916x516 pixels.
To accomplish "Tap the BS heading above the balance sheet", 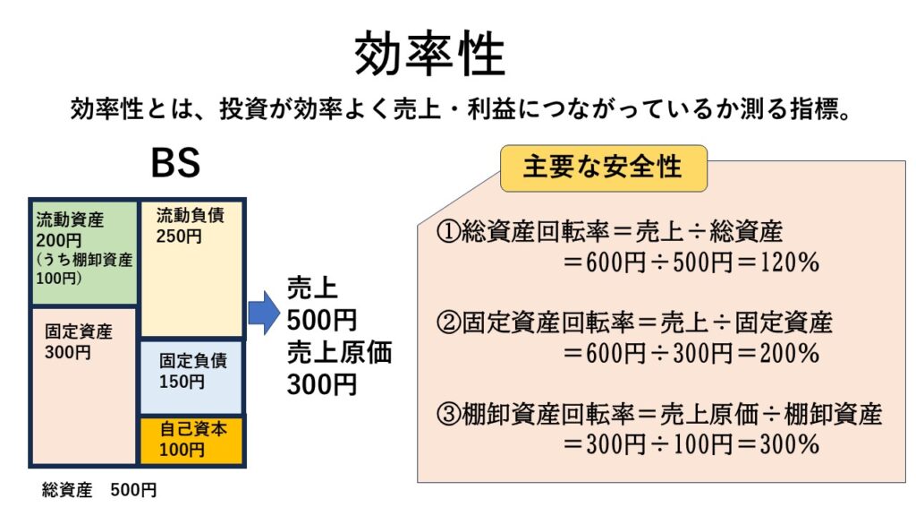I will click(x=175, y=165).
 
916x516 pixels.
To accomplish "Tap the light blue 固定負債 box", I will click(x=192, y=376).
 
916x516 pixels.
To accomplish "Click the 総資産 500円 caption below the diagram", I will click(x=99, y=490).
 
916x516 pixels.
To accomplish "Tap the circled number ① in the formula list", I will click(x=447, y=234).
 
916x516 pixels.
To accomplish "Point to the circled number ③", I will click(x=447, y=414).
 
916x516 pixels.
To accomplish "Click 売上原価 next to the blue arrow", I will click(x=340, y=352).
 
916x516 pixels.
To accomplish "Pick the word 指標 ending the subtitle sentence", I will click(x=803, y=111).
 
